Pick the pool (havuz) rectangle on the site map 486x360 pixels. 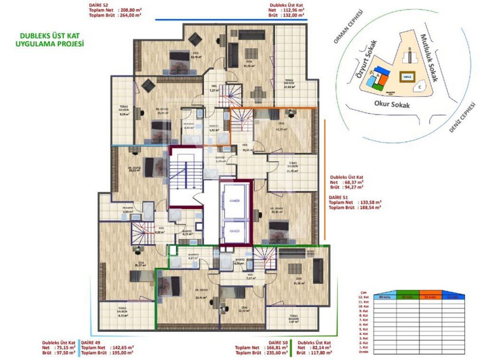click(x=406, y=76)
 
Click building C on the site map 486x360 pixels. click(x=420, y=87)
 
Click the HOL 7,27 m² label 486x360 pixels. click(x=213, y=88)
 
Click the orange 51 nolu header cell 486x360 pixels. click(x=430, y=297)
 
